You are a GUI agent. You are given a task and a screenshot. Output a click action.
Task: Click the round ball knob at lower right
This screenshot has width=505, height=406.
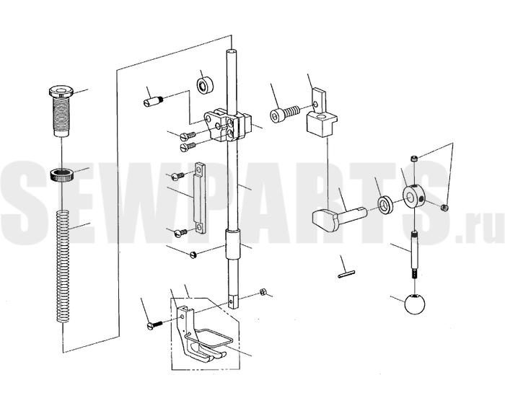tap(415, 304)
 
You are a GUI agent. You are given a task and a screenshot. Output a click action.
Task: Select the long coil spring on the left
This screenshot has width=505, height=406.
tap(63, 266)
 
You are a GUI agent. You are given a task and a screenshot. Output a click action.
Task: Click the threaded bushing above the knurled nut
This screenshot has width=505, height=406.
tap(61, 111)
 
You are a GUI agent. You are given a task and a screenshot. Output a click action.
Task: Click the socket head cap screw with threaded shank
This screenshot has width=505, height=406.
tap(285, 115)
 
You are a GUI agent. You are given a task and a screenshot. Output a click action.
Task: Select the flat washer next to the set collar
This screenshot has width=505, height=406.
tap(385, 204)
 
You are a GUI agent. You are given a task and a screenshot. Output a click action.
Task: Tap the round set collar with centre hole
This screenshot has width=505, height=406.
tap(413, 196)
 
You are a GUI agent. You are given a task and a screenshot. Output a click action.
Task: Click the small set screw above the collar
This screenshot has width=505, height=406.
tap(415, 159)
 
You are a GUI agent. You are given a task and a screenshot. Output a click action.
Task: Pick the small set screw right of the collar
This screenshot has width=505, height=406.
tap(445, 208)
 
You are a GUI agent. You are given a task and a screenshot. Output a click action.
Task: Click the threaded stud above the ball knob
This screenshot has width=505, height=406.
tap(415, 255)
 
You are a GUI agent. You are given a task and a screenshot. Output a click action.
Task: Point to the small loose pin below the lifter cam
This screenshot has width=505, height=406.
tap(346, 275)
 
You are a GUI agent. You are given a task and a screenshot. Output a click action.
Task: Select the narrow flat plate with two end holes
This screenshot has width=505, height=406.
tap(199, 198)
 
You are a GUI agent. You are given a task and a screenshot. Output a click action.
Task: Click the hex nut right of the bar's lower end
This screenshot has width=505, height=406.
tap(263, 292)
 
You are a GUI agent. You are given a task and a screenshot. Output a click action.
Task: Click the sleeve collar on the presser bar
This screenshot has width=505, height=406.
tap(234, 244)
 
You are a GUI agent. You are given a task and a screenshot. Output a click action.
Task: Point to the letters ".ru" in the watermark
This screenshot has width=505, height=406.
tap(480, 228)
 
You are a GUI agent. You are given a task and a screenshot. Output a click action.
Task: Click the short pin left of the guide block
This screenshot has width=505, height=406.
tap(153, 101)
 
